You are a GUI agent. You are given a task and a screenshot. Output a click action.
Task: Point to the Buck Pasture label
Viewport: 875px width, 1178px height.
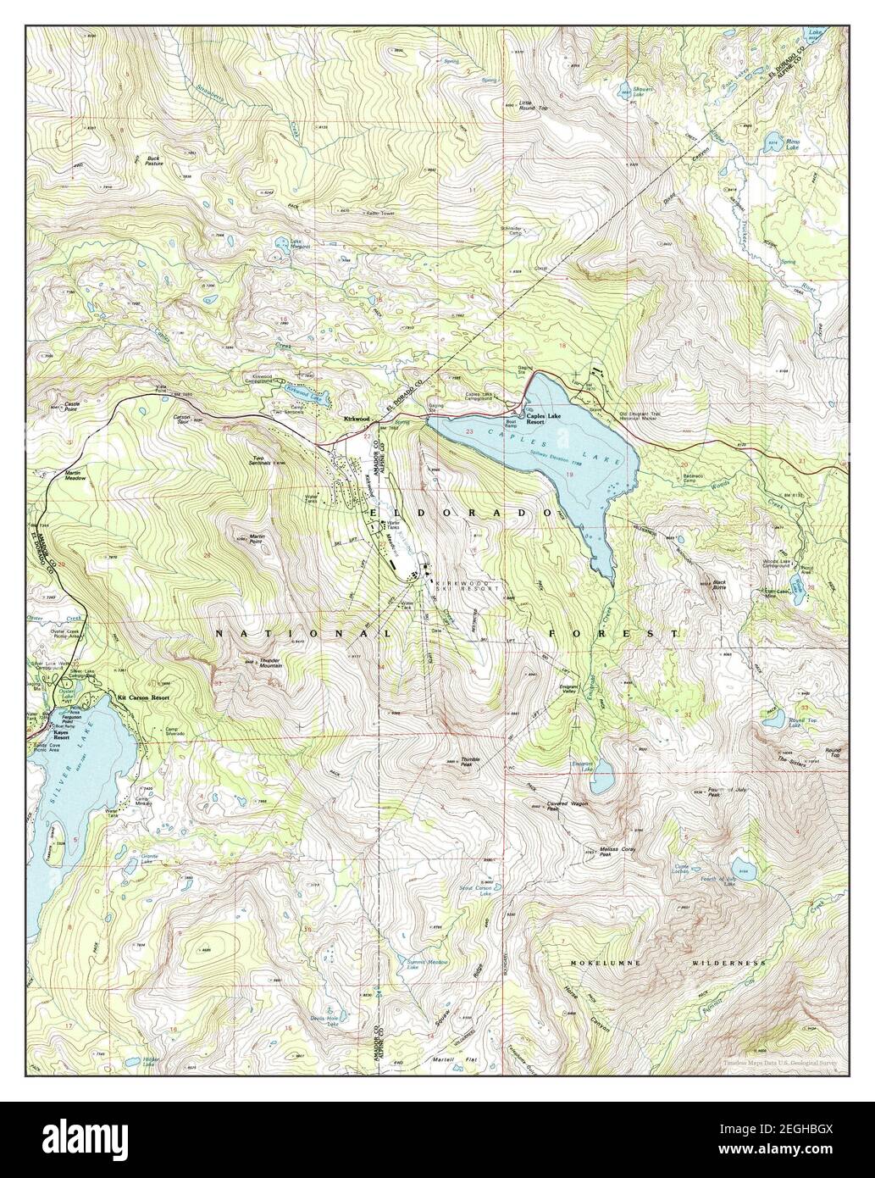click(153, 160)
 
